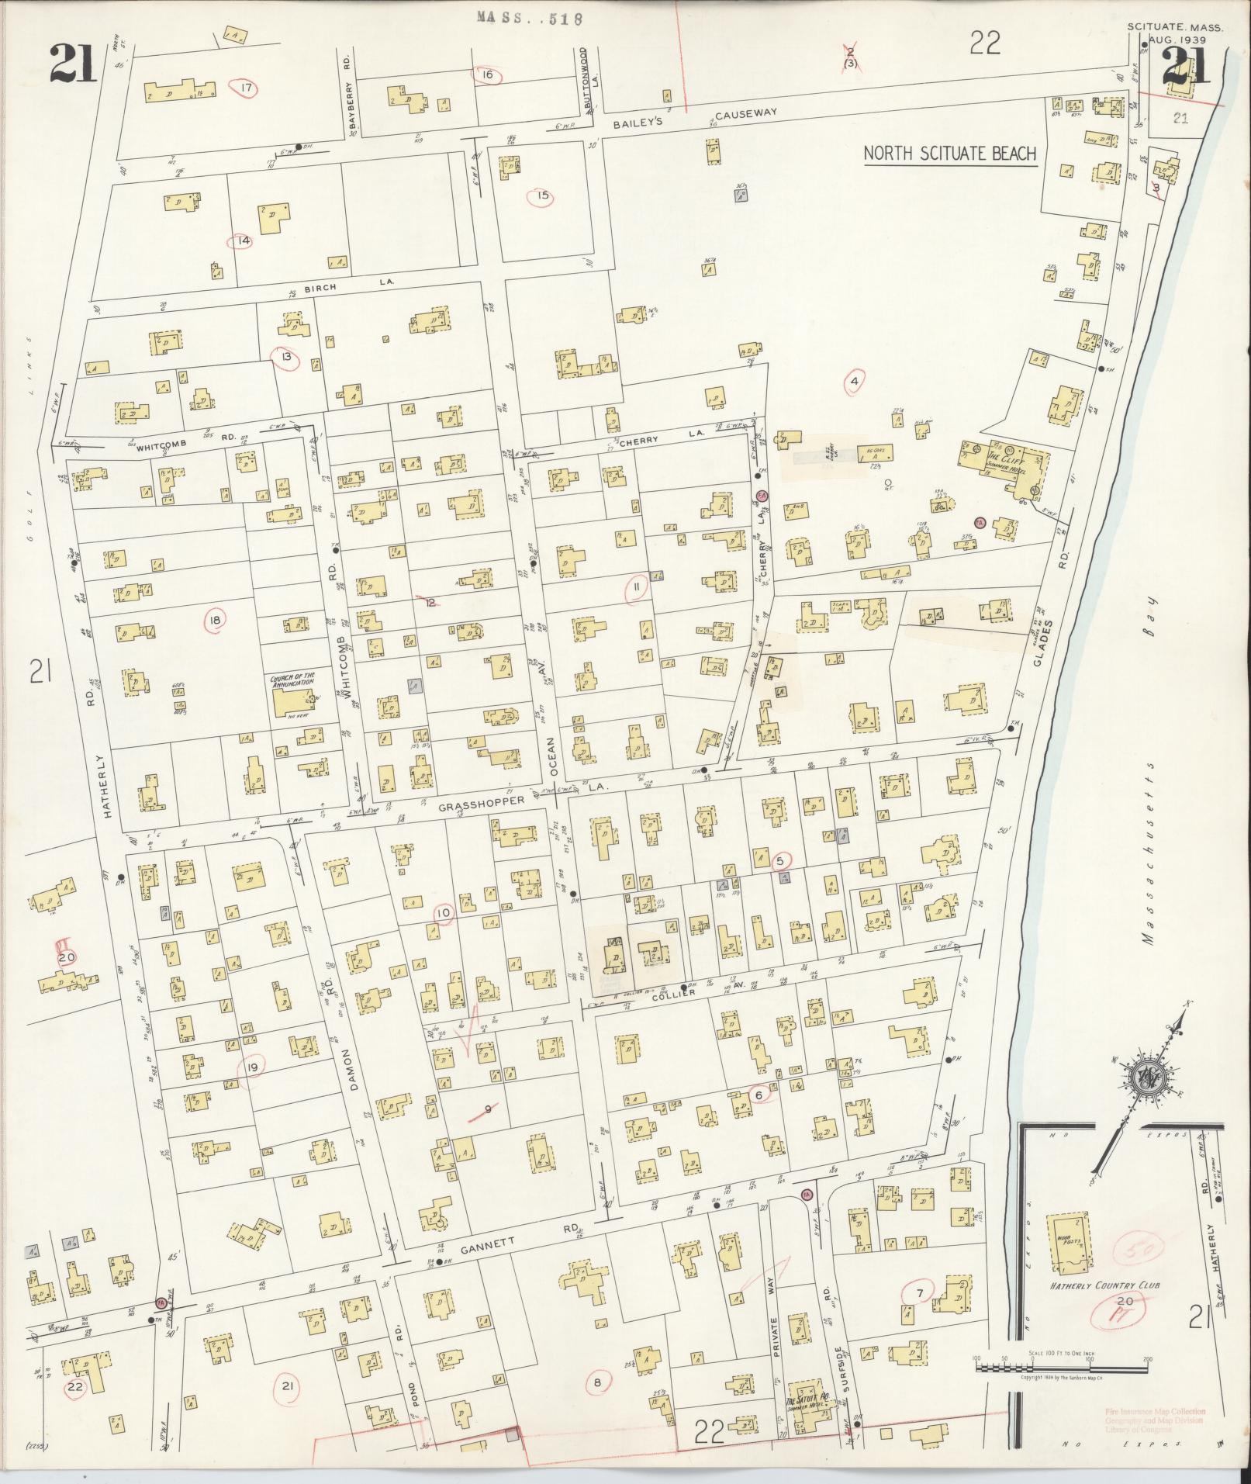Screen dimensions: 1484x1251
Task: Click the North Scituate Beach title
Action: (950, 153)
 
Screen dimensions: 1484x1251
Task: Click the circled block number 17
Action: (247, 88)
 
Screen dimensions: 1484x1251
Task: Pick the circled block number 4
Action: (854, 381)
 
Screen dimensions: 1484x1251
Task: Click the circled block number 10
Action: (443, 913)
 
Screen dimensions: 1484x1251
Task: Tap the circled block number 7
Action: (920, 1292)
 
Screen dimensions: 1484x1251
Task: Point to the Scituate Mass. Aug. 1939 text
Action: (1175, 32)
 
